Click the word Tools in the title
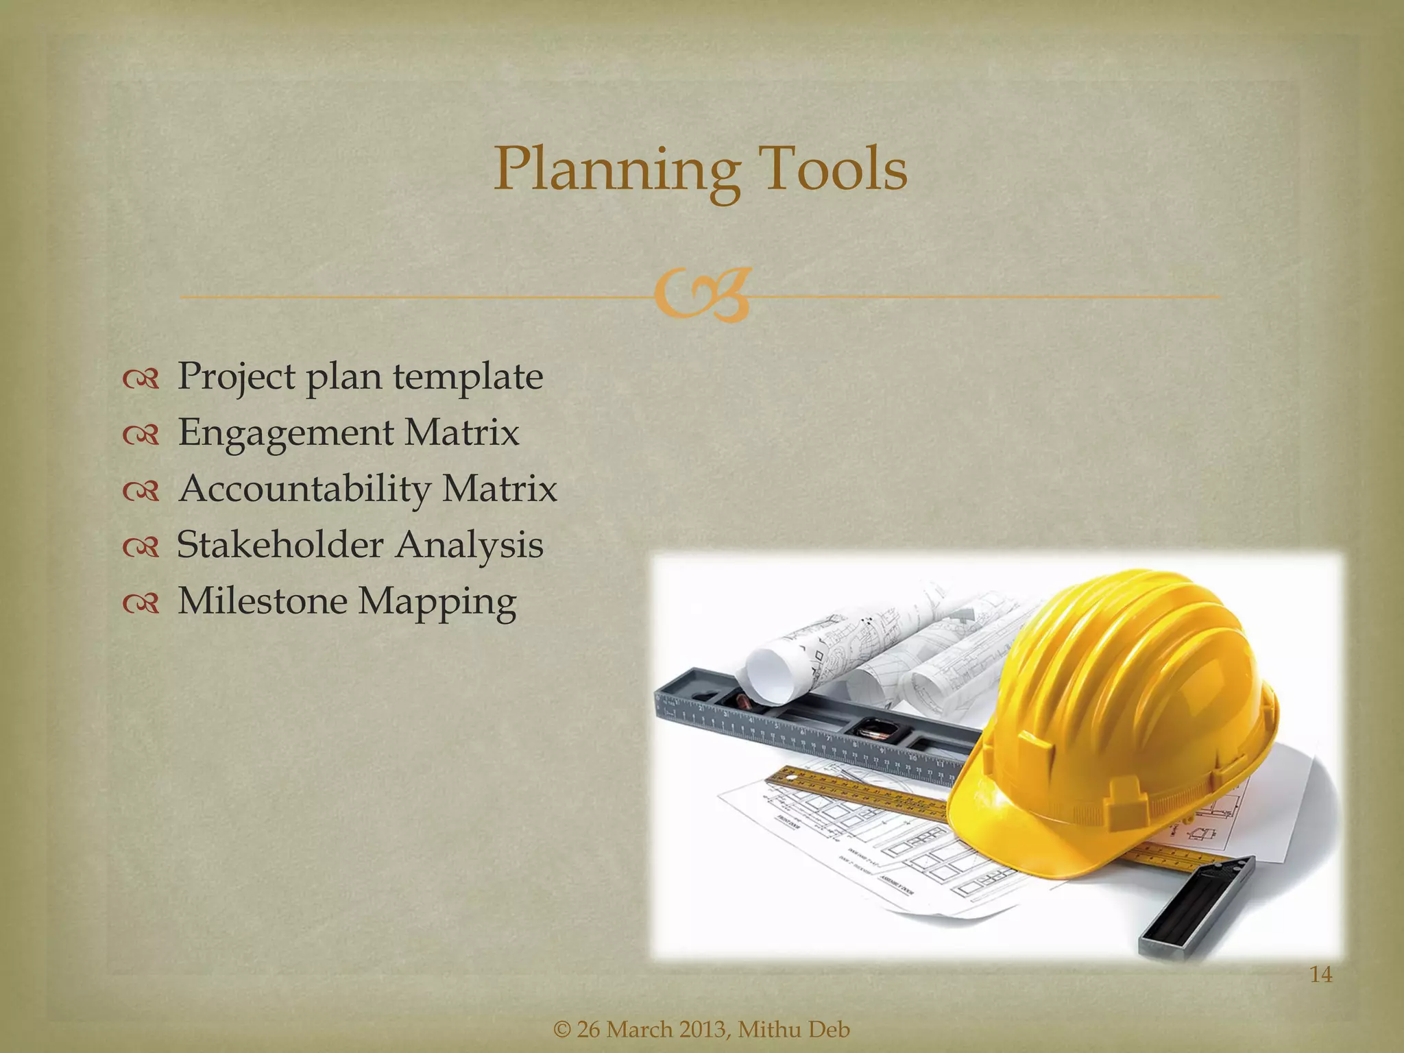(x=834, y=169)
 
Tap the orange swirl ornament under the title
(x=701, y=297)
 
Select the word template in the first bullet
(x=468, y=376)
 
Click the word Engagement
(x=286, y=434)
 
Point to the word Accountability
(x=304, y=489)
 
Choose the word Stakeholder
(x=280, y=545)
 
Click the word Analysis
(x=470, y=546)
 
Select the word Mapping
(x=437, y=603)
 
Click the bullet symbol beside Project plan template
(x=141, y=378)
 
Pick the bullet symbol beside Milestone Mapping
(x=141, y=603)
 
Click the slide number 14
(x=1320, y=974)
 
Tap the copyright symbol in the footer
(x=561, y=1030)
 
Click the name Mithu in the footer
(x=769, y=1030)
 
